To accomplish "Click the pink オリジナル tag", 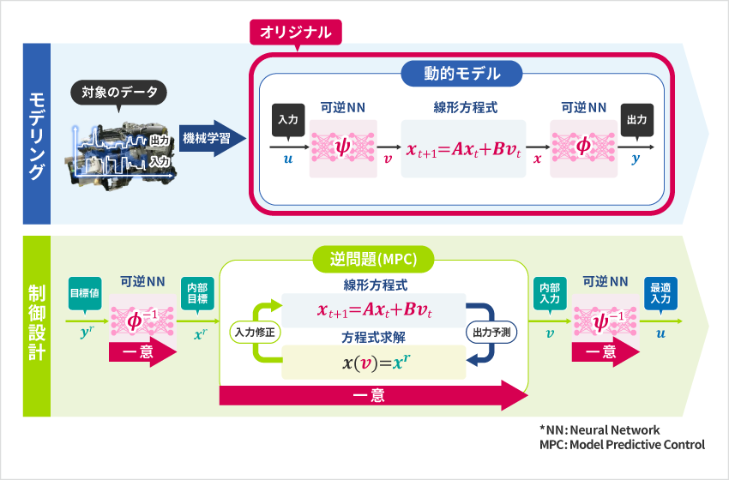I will [296, 33].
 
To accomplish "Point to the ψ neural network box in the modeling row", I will [343, 147].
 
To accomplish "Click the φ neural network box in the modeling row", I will [583, 147].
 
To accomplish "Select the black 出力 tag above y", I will [636, 120].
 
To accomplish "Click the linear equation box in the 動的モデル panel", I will [463, 147].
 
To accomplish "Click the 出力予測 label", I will [491, 330].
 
